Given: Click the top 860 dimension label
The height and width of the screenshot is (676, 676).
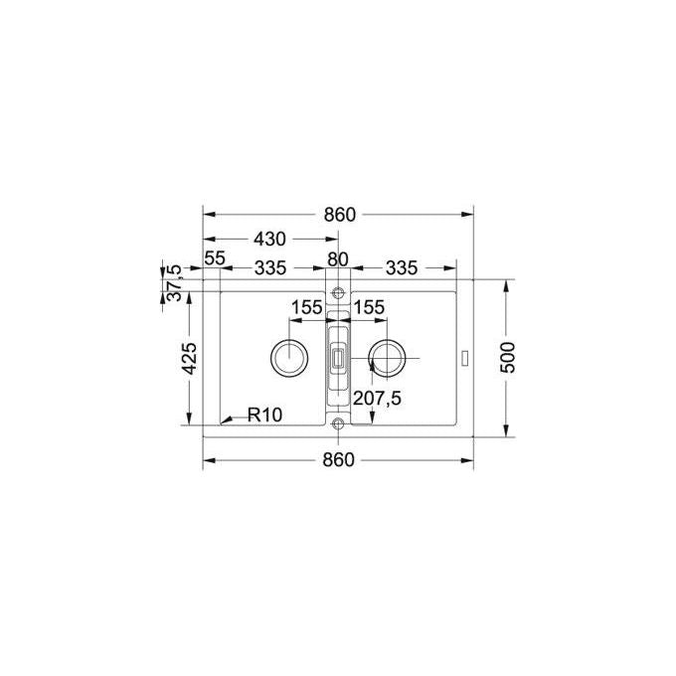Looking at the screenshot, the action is pyautogui.click(x=340, y=215).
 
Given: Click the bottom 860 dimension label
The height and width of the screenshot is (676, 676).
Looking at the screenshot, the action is pyautogui.click(x=338, y=460).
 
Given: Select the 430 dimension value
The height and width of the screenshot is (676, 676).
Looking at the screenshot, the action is pyautogui.click(x=269, y=239).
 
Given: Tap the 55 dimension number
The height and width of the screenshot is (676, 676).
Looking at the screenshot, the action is pyautogui.click(x=215, y=258).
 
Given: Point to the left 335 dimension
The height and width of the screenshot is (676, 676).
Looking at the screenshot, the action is pyautogui.click(x=270, y=268).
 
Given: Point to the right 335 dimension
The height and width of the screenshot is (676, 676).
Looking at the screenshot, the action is pyautogui.click(x=402, y=268).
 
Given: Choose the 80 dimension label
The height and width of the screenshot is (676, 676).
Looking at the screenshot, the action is pyautogui.click(x=338, y=259).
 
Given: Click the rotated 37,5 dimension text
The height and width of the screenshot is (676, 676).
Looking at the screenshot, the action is pyautogui.click(x=175, y=283).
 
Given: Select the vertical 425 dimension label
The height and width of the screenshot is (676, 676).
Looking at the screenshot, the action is pyautogui.click(x=189, y=358).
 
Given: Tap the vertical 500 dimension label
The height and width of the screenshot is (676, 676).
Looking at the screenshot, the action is pyautogui.click(x=509, y=358).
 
